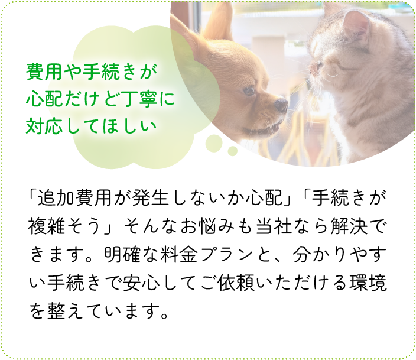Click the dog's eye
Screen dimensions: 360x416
[x=248, y=90]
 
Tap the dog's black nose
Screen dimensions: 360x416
[x=281, y=106]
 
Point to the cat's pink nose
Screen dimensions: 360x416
[x=314, y=66]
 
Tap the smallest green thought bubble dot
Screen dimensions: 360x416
[x=232, y=151]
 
